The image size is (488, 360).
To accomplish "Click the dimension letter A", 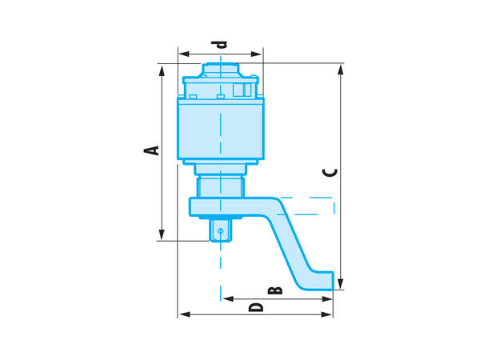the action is pos(151,150).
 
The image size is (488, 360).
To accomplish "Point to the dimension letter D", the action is pos(256,307).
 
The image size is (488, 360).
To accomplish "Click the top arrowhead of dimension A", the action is pos(162,71).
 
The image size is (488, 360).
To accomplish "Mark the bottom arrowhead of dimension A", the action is pos(162,234).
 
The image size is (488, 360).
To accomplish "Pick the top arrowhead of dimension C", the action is pos(341,70).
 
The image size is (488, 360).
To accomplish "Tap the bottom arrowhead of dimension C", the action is pos(341,284).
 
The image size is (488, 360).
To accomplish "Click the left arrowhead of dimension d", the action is pos(184,54).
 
